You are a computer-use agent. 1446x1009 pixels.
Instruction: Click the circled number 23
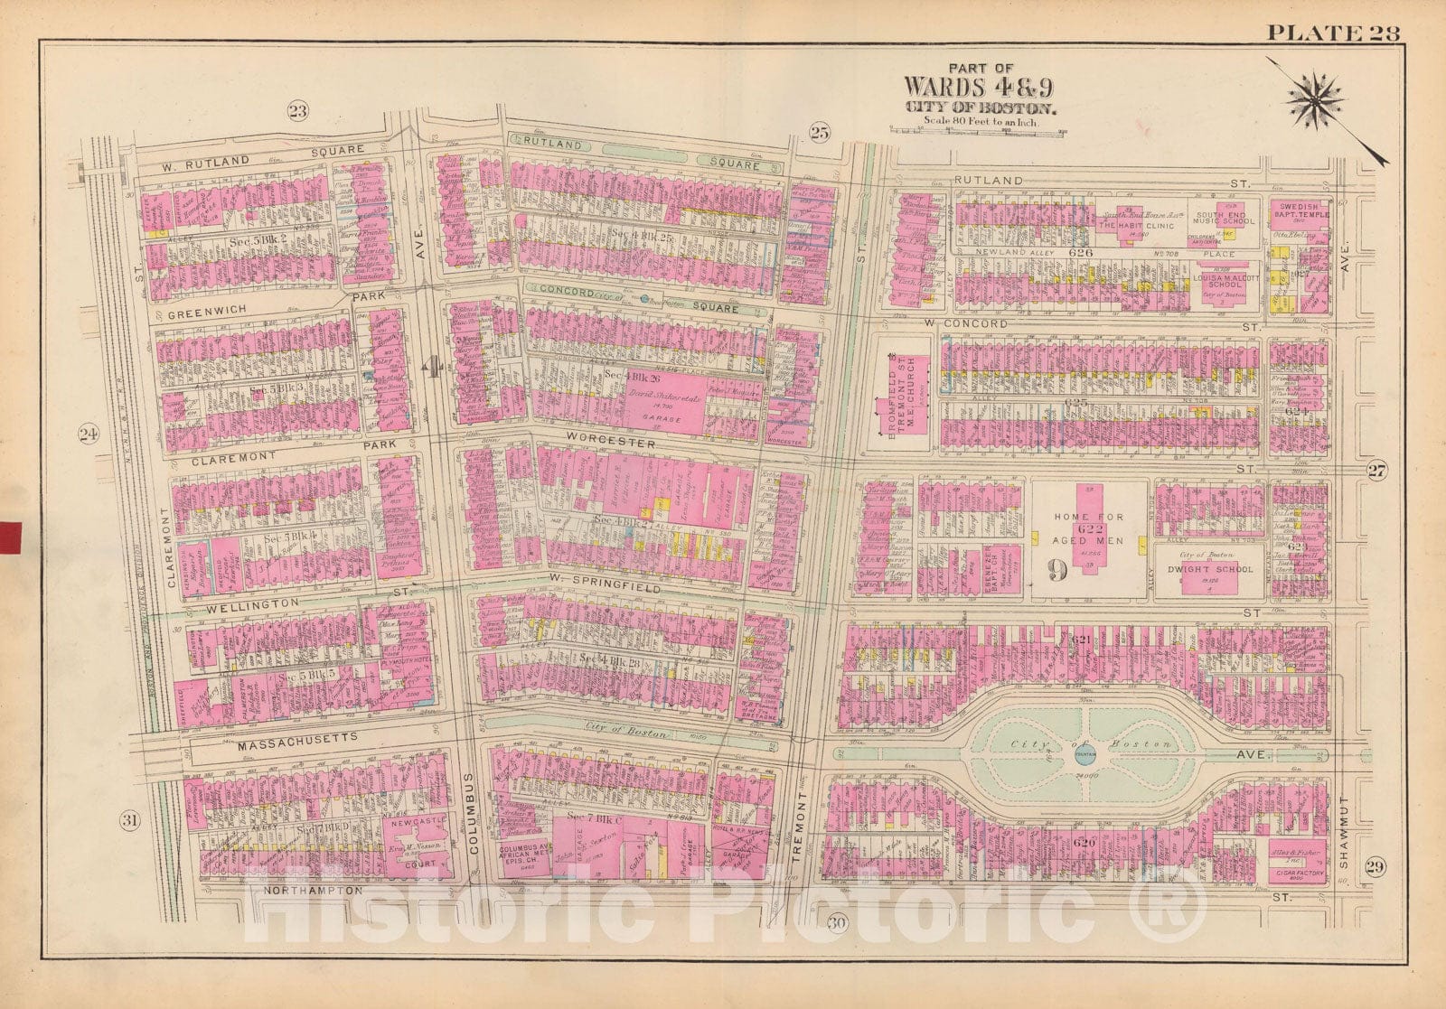pyautogui.click(x=297, y=111)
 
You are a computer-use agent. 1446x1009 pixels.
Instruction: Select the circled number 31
pyautogui.click(x=131, y=820)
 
